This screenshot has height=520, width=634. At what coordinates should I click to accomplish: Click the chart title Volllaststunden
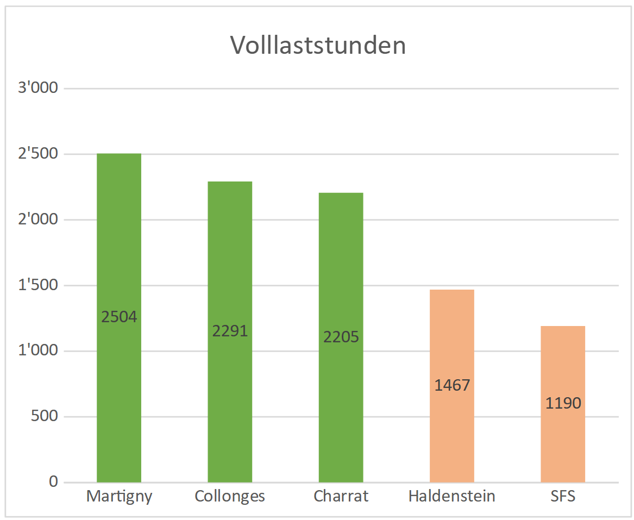pyautogui.click(x=318, y=46)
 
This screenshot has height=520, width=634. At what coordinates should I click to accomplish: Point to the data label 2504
pyautogui.click(x=120, y=317)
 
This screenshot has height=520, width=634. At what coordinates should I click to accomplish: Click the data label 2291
pyautogui.click(x=230, y=331)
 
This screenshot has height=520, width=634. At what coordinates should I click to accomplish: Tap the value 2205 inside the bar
pyautogui.click(x=341, y=337)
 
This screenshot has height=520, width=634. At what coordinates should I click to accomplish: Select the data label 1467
pyautogui.click(x=452, y=385)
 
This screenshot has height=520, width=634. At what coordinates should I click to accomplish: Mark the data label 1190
pyautogui.click(x=563, y=403)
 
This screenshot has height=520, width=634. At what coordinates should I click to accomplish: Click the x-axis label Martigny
pyautogui.click(x=120, y=496)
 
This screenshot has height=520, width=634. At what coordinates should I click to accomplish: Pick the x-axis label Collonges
pyautogui.click(x=230, y=496)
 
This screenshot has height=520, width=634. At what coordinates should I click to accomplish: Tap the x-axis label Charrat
pyautogui.click(x=341, y=496)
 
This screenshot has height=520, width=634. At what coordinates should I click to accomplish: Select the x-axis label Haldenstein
pyautogui.click(x=452, y=496)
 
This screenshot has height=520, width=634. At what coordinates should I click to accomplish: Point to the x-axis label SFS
pyautogui.click(x=563, y=496)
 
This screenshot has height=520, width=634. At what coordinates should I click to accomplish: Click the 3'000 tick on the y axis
pyautogui.click(x=38, y=88)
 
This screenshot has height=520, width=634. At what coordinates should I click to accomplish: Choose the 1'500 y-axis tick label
pyautogui.click(x=38, y=285)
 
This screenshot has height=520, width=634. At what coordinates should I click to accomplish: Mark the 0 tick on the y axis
pyautogui.click(x=53, y=482)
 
